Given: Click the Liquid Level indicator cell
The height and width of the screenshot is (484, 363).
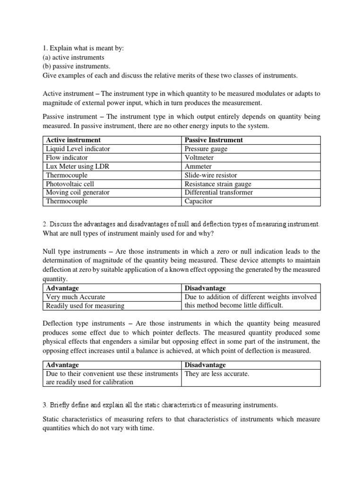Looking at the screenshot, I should pos(78,149).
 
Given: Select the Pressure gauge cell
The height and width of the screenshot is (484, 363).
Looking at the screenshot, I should pos(206,149).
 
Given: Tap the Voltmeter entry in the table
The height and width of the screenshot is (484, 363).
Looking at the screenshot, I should pos(199,157).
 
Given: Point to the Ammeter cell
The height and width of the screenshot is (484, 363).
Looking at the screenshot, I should pos(199,166).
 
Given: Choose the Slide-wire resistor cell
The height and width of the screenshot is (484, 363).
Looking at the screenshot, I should pos(211,175).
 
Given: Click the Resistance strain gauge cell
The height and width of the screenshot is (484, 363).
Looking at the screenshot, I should pos(218,184).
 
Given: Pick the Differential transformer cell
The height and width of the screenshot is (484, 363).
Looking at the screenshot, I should pos(219,192).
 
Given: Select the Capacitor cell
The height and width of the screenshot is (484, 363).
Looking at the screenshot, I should pos(199,201).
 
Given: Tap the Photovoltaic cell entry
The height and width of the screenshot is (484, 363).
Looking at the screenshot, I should pos(68,184).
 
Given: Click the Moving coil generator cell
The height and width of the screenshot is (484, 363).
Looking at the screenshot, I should pos(77,192).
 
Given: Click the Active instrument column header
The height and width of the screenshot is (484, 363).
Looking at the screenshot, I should pos(73,140).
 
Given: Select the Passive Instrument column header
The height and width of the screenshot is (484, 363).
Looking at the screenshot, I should pos(214,140).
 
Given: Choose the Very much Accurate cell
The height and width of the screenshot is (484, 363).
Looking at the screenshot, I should pos(75,297).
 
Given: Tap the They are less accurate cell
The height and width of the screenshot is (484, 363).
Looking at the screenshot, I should pos(216,374).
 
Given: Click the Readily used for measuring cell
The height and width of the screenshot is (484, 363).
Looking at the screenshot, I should pos(85,306).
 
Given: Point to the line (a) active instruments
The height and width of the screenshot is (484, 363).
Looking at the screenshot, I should pos(73,57).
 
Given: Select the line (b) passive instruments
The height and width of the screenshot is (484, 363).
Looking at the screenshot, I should pos(76,66).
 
